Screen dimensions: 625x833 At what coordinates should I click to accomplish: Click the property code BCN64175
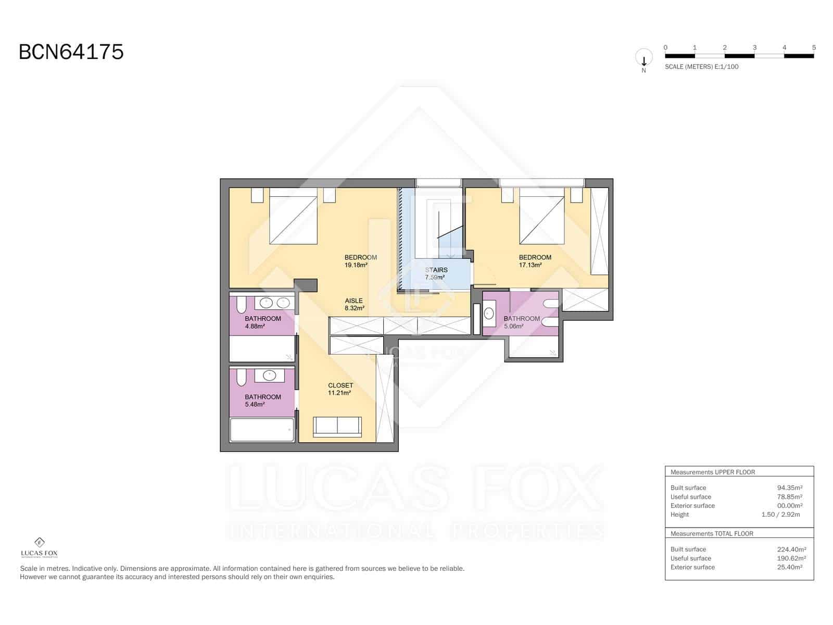[71, 52]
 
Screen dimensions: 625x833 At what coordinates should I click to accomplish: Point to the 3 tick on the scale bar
[754, 48]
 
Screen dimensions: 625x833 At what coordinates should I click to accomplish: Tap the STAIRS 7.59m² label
[436, 274]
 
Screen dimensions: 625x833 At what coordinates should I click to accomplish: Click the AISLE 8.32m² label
[354, 304]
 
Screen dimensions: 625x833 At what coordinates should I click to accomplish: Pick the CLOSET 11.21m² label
[340, 389]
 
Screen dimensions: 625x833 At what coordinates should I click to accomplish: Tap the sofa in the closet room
[337, 427]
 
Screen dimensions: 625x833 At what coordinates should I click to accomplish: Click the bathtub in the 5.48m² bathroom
[262, 430]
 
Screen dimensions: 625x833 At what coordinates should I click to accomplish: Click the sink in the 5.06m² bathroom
[489, 314]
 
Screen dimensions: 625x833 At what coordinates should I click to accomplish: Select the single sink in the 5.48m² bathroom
[269, 375]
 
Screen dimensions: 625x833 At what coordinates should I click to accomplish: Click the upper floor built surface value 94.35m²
[789, 488]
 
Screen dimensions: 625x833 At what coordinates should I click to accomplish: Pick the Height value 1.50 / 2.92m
[780, 515]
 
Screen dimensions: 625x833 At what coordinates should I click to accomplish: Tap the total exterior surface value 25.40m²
[789, 567]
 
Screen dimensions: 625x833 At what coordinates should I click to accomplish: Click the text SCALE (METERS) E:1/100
[701, 67]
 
